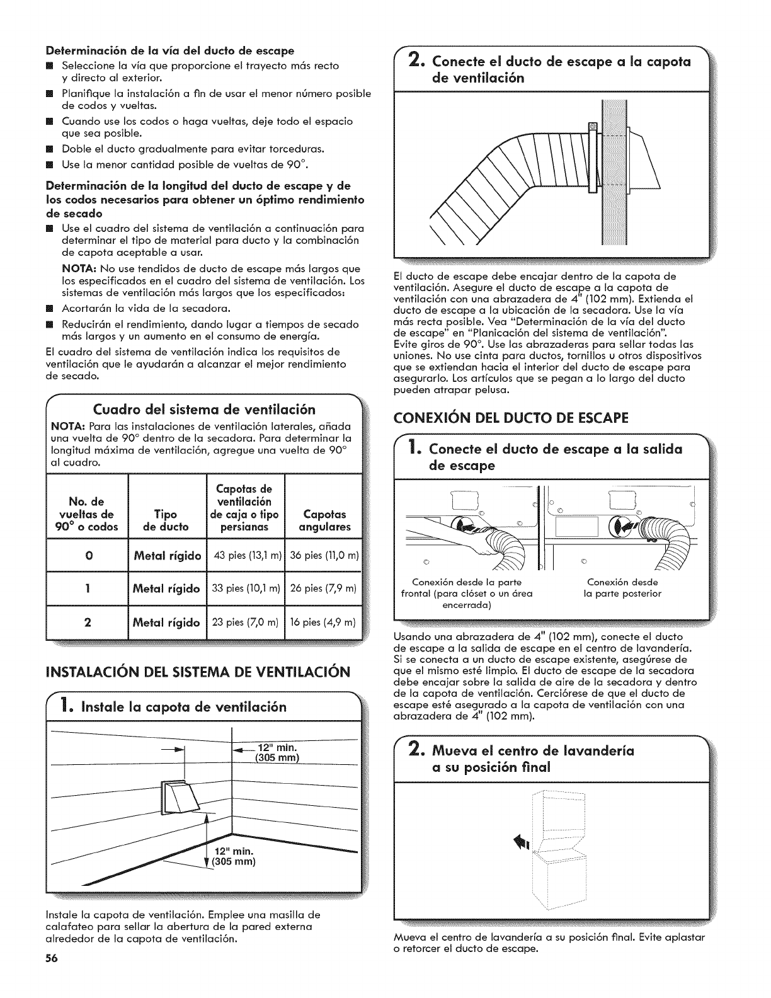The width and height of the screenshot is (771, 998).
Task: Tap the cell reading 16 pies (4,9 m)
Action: pyautogui.click(x=324, y=622)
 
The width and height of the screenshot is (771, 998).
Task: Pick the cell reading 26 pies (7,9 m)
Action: pyautogui.click(x=324, y=588)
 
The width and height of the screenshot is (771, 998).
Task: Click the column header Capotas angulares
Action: pyautogui.click(x=324, y=520)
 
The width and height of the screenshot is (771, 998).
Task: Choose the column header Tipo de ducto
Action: pyautogui.click(x=166, y=520)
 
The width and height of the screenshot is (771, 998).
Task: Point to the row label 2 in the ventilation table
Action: pyautogui.click(x=88, y=622)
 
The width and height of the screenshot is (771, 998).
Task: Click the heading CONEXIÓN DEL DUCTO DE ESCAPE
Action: pyautogui.click(x=511, y=417)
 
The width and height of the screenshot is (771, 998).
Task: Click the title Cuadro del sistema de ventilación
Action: pyautogui.click(x=204, y=411)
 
